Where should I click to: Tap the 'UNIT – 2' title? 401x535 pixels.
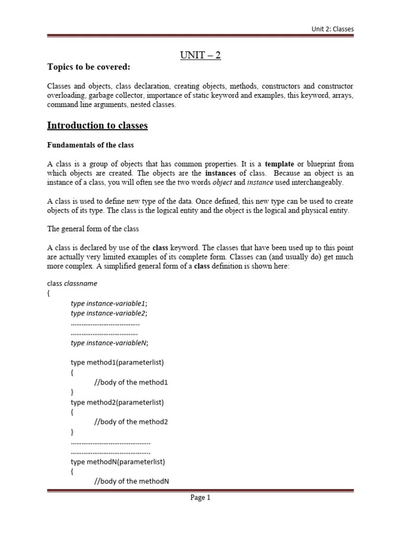click(x=200, y=55)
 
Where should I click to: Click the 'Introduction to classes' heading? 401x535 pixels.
click(x=98, y=125)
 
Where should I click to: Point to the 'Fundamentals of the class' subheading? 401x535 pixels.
click(x=90, y=145)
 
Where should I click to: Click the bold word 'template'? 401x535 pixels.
click(x=279, y=164)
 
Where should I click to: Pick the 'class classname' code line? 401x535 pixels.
click(x=72, y=284)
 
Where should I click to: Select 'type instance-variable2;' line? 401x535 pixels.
click(x=109, y=313)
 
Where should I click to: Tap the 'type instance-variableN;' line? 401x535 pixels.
click(x=110, y=343)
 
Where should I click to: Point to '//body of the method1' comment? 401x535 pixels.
click(x=131, y=382)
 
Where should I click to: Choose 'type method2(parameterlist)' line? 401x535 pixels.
click(x=117, y=402)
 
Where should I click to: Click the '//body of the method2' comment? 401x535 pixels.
click(x=131, y=422)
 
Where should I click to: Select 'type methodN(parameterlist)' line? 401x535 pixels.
click(x=118, y=462)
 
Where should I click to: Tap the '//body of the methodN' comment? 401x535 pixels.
click(x=131, y=481)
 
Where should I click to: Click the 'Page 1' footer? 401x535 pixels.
click(x=200, y=498)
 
